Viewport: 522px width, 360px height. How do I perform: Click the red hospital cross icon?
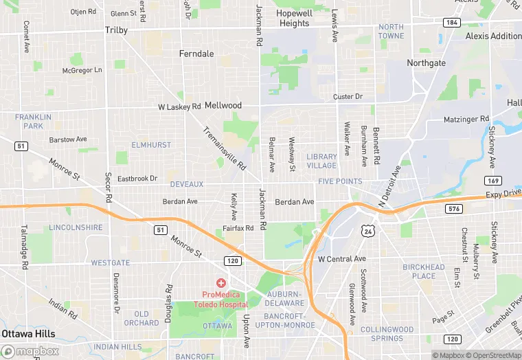coord(220,282)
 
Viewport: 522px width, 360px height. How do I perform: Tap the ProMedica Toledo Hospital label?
coord(220,299)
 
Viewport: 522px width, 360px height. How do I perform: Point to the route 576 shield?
coord(454,208)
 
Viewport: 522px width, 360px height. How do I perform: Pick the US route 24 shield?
coord(368,232)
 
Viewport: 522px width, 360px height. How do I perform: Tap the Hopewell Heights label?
coord(294,18)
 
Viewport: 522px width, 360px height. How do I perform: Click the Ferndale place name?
coord(196,54)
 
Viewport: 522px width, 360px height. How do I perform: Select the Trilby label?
coord(117,30)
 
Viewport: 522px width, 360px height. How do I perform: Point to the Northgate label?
coord(426,63)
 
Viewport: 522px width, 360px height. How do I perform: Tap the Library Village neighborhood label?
coord(321,161)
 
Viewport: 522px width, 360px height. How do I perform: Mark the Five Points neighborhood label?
coord(340,181)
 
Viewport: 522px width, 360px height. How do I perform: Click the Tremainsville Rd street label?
coord(224,148)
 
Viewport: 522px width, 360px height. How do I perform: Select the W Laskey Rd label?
coord(179,106)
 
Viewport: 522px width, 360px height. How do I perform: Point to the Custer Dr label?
coord(348,97)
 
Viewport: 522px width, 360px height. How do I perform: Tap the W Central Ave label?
coord(342,259)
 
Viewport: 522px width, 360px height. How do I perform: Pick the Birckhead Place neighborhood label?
coord(424,271)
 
